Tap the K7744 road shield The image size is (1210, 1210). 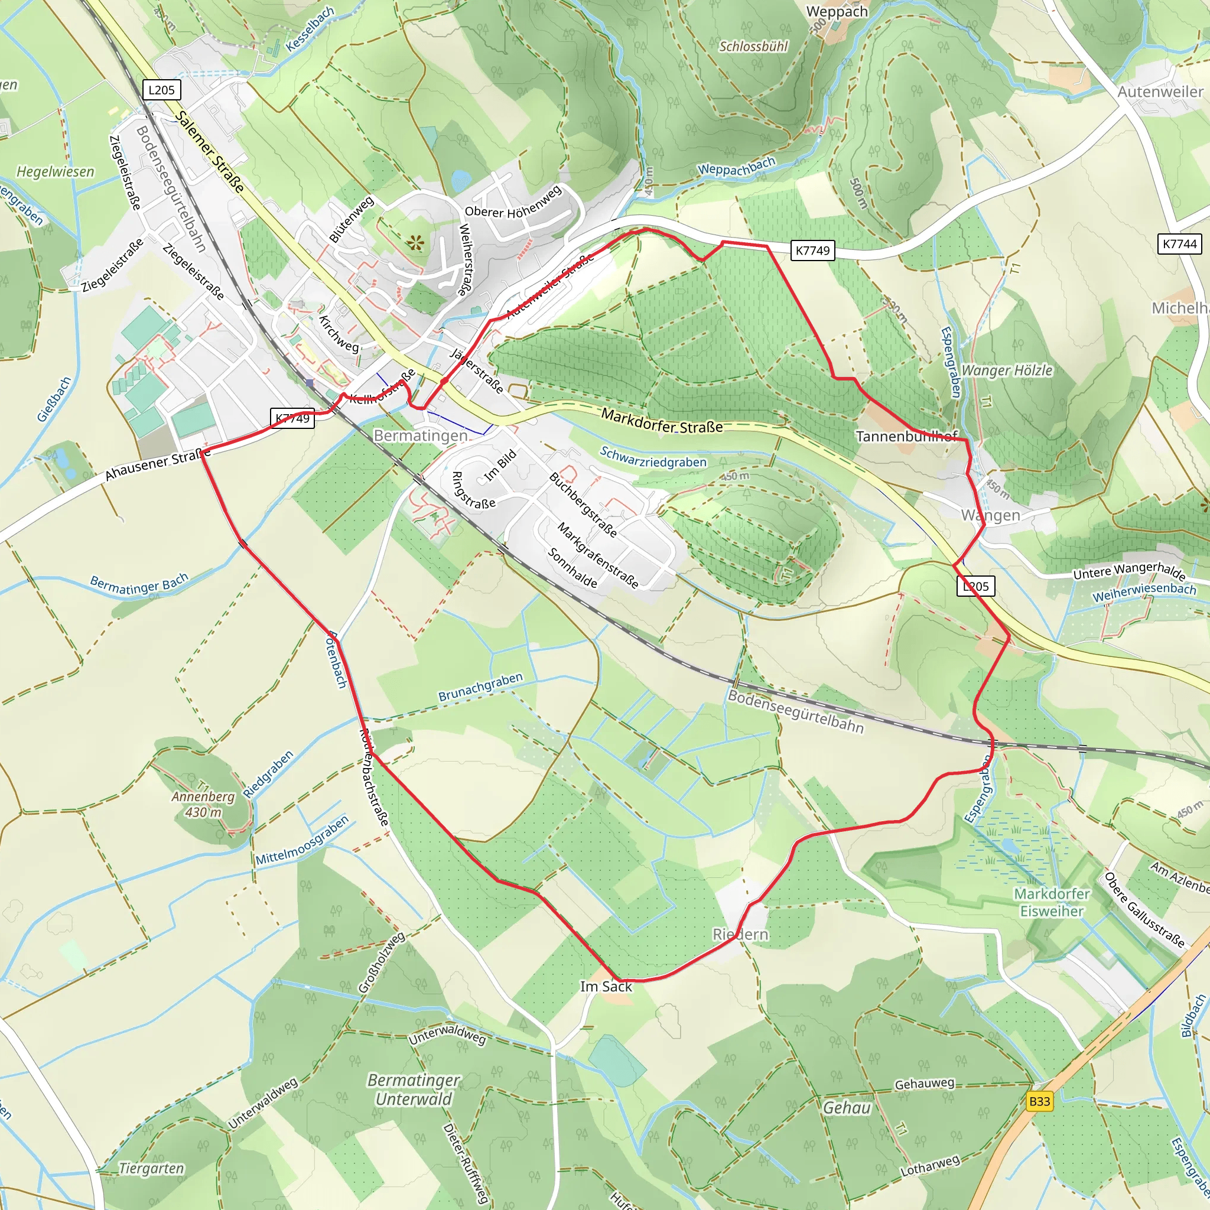[x=1180, y=243]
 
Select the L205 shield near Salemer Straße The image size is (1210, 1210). [x=161, y=90]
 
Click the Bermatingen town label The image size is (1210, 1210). [x=420, y=435]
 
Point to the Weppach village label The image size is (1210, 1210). [x=837, y=12]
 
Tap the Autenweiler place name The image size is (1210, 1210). [x=1160, y=92]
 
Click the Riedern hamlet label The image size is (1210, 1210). [x=740, y=935]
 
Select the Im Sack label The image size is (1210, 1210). [x=606, y=987]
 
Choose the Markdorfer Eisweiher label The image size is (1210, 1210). [x=1052, y=902]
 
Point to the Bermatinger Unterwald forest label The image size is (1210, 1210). [x=414, y=1089]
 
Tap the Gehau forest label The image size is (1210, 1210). [x=847, y=1108]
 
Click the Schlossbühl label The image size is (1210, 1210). [x=753, y=46]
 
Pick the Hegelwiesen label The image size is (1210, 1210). [x=55, y=171]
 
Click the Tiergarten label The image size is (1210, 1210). [x=152, y=1169]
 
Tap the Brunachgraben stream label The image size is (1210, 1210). [x=480, y=688]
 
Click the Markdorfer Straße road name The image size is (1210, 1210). [x=662, y=421]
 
